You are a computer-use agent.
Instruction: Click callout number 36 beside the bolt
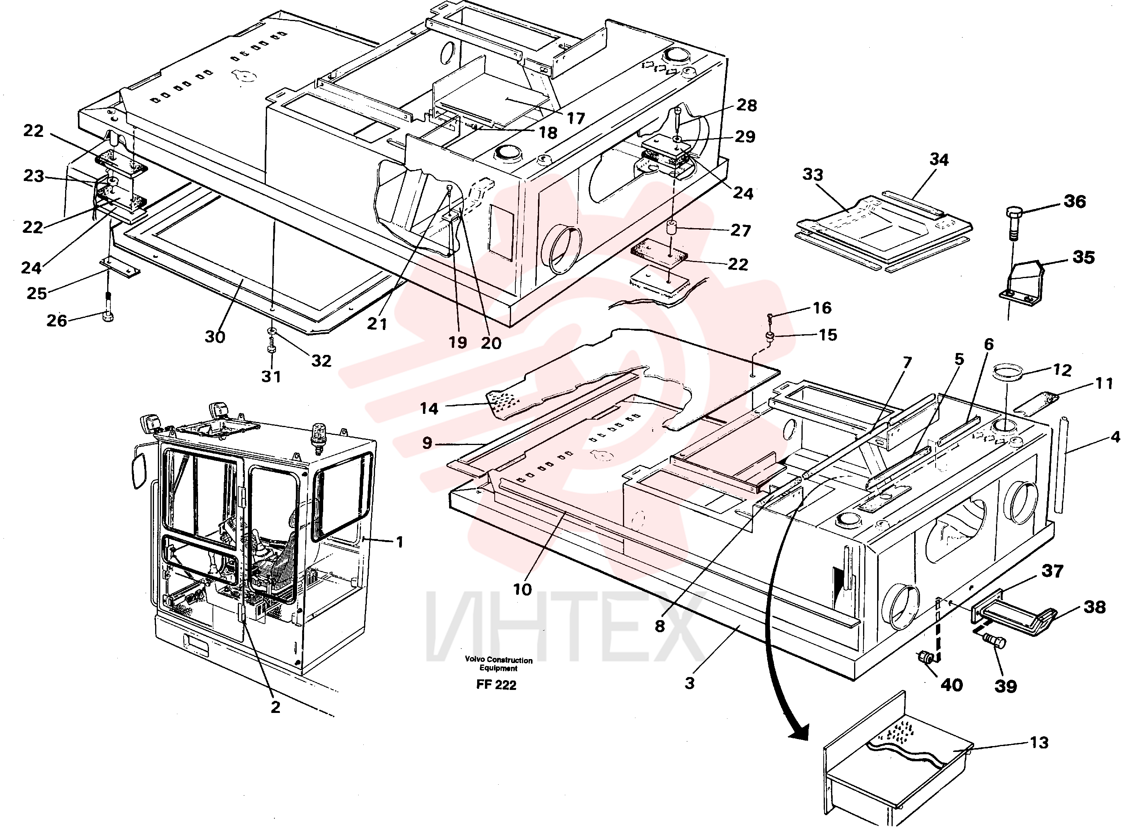coord(1074,202)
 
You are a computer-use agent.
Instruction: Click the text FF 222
coord(496,685)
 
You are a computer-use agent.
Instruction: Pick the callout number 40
coord(952,685)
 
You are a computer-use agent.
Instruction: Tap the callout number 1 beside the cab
coord(399,542)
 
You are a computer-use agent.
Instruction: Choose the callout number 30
coord(215,337)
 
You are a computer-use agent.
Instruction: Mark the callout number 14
coord(429,408)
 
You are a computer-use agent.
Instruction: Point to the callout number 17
coord(575,118)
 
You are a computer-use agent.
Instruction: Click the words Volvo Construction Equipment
coord(499,664)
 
